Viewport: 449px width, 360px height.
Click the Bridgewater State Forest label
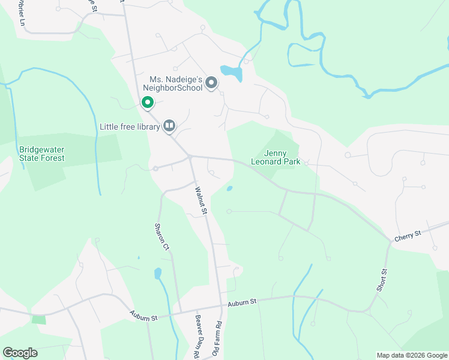(41, 154)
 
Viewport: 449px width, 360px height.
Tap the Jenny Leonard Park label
(275, 157)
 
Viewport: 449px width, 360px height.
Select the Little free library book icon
(169, 125)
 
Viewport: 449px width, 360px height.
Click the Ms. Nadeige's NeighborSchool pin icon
(211, 83)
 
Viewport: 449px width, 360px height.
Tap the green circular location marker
(147, 103)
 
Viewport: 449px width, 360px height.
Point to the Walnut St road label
(200, 200)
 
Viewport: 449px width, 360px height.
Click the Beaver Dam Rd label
(196, 336)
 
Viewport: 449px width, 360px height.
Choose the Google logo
(20, 352)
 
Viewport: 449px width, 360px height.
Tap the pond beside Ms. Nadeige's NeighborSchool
(232, 73)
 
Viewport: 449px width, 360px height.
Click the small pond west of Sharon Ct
(158, 274)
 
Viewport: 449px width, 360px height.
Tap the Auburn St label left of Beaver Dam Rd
(143, 314)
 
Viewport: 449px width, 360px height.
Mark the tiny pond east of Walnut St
(230, 189)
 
